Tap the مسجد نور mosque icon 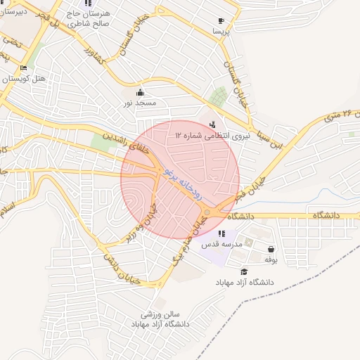pos(140,93)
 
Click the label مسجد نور pos(139,103)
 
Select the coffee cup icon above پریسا pos(221,21)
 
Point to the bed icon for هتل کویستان pos(23,68)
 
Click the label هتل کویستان pos(23,78)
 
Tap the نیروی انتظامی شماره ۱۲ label pos(210,136)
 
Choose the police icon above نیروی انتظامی pos(213,125)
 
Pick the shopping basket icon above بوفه pos(271,249)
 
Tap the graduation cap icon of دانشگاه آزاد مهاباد pos(244,272)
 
